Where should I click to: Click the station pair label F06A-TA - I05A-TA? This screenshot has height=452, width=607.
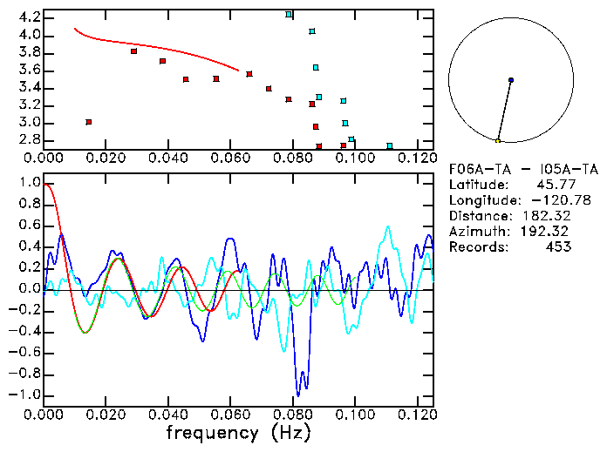511,170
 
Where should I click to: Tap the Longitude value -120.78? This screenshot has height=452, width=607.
547,201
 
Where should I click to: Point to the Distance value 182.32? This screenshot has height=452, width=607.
547,216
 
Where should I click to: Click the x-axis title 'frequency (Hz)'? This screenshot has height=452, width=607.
237,432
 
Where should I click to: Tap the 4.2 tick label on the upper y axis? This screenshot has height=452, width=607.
30,17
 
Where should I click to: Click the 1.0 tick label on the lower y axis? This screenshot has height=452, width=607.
30,184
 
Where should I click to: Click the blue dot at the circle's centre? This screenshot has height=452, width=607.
511,80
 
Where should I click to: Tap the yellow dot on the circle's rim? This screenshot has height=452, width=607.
498,141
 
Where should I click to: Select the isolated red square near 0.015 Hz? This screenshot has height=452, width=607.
89,122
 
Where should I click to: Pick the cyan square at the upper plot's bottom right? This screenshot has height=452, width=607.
390,146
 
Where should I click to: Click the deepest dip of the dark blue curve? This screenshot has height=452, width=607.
299,395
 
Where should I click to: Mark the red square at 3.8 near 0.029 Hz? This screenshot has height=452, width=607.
133,51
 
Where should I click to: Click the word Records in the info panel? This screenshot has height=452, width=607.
477,247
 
